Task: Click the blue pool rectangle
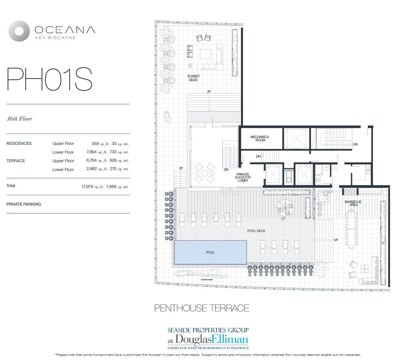[210, 252]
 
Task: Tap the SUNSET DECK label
[193, 78]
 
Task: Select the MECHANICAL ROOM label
[259, 138]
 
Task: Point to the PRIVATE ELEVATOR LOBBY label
[243, 177]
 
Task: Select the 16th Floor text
[19, 119]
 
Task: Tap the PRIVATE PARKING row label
[24, 204]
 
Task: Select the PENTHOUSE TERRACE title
[202, 308]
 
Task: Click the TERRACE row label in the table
[16, 161]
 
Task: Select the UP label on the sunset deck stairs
[209, 91]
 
